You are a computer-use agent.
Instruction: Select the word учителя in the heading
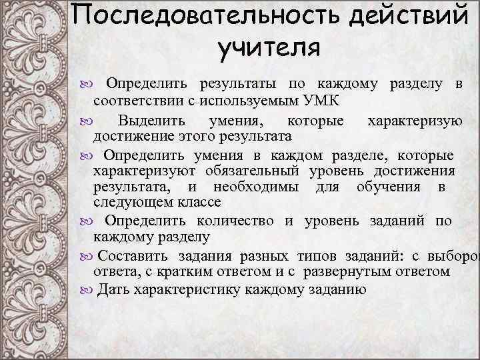pyautogui.click(x=269, y=49)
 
